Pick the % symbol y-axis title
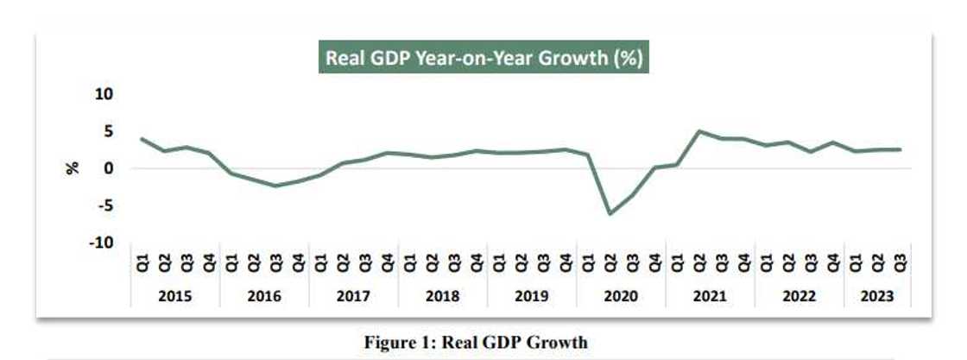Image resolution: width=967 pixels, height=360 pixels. [73, 168]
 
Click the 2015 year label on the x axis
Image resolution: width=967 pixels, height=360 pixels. [175, 296]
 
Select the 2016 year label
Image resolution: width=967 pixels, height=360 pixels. [264, 296]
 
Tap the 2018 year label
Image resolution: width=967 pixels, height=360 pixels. [443, 296]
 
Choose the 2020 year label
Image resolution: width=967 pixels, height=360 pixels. [621, 296]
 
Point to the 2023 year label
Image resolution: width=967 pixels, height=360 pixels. [876, 296]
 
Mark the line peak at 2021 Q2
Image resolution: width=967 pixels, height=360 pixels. [700, 131]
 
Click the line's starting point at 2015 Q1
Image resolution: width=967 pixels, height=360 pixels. [142, 139]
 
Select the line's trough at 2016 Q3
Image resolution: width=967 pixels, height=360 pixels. [276, 186]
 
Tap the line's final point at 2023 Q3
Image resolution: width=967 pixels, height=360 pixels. [901, 149]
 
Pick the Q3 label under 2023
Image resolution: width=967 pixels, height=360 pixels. [901, 260]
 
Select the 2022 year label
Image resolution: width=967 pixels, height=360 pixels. [799, 296]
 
